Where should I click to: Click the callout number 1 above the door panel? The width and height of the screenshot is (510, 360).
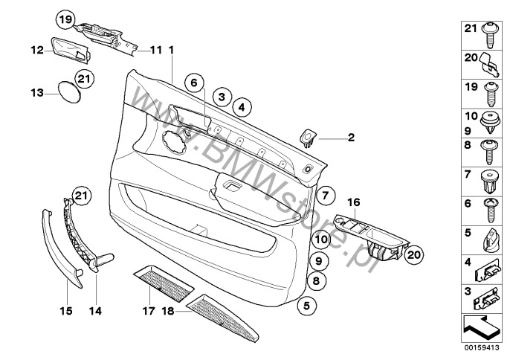(171, 50)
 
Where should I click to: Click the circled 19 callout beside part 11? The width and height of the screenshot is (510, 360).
(65, 19)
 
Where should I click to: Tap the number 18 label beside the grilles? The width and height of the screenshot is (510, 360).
(167, 312)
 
